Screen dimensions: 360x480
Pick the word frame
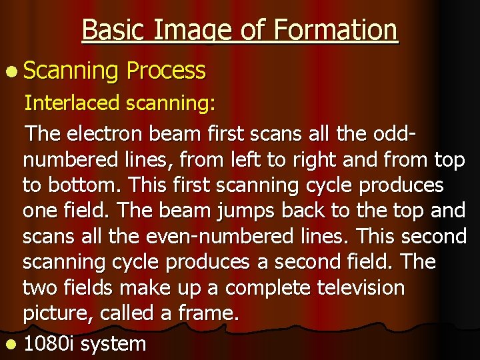(207, 314)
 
